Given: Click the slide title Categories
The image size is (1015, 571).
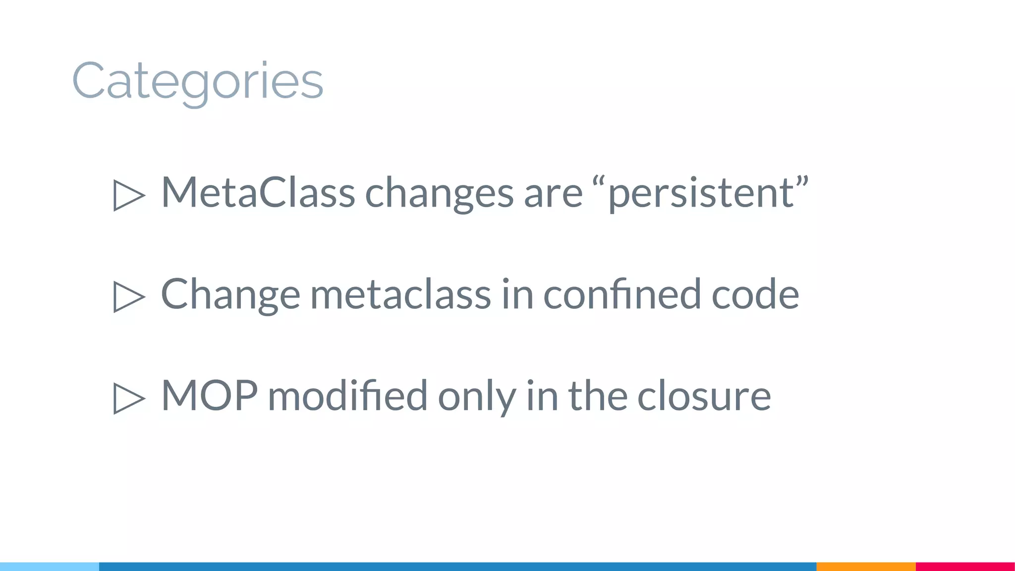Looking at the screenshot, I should point(198,81).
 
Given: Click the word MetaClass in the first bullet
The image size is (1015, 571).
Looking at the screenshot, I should point(258,192).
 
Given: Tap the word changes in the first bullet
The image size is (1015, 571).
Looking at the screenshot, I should point(439,193).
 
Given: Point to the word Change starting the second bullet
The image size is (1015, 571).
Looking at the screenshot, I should point(230,294).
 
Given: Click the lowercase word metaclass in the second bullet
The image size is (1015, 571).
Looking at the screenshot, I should point(400,294).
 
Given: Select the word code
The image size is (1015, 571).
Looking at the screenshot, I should point(755,294).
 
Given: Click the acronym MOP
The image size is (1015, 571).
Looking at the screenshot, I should point(209,396).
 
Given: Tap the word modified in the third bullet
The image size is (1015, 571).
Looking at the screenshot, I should point(347,396).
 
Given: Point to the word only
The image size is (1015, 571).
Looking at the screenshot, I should point(476,397).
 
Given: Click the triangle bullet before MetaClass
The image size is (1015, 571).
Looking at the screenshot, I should point(128,195).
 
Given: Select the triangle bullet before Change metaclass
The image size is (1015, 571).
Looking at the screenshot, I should point(128,296).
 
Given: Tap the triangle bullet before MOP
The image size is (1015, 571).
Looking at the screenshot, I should point(128,398).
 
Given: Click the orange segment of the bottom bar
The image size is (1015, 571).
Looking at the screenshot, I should point(866,567).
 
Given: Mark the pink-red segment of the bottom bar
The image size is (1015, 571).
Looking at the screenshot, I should point(965,567).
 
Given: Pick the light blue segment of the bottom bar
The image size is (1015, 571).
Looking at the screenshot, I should point(50,567).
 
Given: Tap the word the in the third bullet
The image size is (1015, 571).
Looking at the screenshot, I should point(597,396).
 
